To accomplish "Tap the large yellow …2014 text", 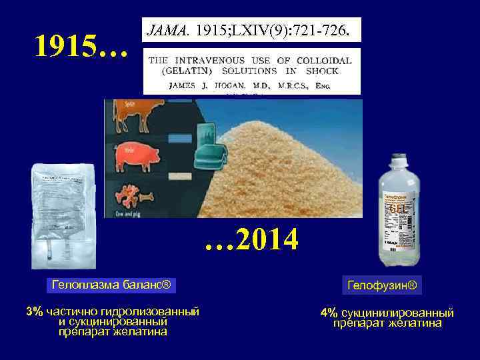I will coord(252,239).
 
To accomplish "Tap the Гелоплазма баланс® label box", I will coord(112,286).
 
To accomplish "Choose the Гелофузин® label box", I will coord(382,286).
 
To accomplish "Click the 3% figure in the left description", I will coord(34,311).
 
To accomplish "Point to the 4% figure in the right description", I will coord(328,313).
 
